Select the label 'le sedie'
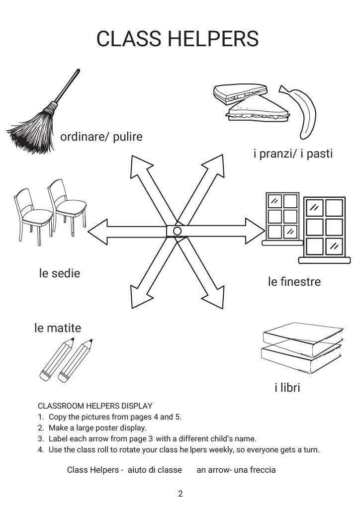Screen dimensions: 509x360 59,273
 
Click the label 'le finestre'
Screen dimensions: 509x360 294,282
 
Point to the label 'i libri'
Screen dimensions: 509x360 287,387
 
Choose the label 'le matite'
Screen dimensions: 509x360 58,328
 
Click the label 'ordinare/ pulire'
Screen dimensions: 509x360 101,137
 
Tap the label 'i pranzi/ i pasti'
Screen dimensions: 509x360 293,154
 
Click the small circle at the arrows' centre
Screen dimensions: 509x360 177,231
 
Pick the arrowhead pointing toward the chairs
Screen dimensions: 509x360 97,231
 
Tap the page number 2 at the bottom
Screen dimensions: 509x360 180,494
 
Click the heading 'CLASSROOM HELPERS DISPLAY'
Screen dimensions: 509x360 94,406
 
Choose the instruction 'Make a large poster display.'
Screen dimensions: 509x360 97,427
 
